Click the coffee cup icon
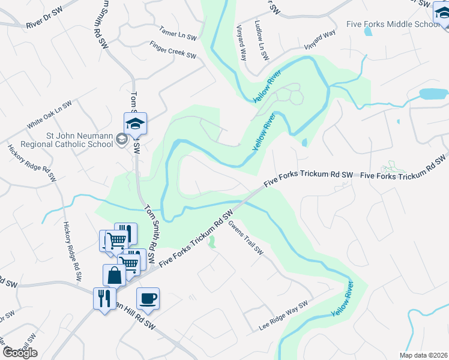coord(148,298)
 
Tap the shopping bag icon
coord(114,275)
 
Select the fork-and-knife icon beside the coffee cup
coord(104,298)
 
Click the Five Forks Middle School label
coord(393,24)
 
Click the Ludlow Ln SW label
coord(262,40)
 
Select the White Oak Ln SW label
coord(49,114)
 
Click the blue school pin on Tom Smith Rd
coord(136,124)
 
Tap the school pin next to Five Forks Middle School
coord(442,12)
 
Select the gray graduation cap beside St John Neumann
coord(122,140)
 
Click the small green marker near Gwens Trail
coord(211,242)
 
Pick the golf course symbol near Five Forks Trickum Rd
coord(390,166)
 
